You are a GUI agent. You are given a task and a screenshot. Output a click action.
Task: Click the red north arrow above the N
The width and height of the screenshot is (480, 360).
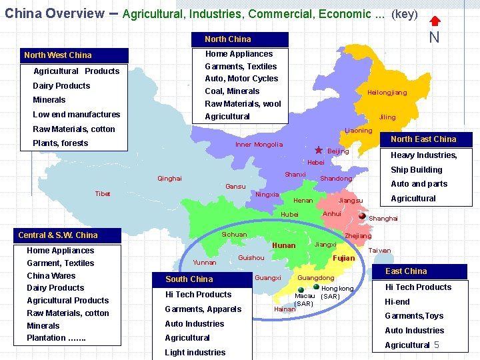[x=434, y=21]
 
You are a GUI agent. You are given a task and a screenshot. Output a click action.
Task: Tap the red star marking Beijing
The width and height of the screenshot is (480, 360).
[x=319, y=151]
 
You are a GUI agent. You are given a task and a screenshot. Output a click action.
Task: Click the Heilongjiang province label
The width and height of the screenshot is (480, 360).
[x=387, y=93]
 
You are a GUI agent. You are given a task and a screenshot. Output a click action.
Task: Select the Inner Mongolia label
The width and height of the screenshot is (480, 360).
[x=259, y=145]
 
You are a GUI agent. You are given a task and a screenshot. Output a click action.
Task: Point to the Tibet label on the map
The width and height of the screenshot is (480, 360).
[x=103, y=194]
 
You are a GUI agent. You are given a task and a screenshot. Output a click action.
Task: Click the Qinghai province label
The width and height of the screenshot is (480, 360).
[x=169, y=179]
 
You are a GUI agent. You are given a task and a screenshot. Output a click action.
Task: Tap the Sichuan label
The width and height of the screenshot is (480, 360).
[x=234, y=235]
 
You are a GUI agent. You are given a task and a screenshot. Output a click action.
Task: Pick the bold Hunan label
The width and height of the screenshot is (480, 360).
[x=284, y=246]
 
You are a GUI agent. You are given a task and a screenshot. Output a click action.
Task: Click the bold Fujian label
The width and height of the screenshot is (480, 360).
[x=343, y=258]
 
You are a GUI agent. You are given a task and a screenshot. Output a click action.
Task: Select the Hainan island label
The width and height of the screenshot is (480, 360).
[x=285, y=309]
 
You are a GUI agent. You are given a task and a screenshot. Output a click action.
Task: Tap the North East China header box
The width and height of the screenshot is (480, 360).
[x=423, y=139]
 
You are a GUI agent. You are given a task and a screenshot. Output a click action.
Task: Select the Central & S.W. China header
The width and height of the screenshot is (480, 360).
[x=69, y=235]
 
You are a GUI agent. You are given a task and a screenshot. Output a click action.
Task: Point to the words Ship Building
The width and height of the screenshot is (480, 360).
[x=416, y=170]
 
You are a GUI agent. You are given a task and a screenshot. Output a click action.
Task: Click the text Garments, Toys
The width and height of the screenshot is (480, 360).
[x=414, y=316]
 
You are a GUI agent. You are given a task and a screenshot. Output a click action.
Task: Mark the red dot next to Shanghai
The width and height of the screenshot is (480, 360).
[x=362, y=216]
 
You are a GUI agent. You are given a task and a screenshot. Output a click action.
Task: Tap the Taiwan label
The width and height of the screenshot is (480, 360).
[x=379, y=251]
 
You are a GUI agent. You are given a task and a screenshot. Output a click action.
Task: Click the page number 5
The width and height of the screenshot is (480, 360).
[x=437, y=345]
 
